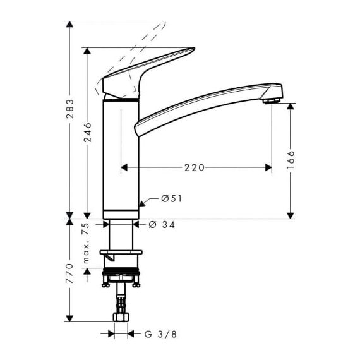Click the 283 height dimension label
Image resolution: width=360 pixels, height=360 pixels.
point(70,109)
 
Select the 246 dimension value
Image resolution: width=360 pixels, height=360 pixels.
point(88,132)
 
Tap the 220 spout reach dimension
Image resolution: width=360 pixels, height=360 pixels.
point(195,168)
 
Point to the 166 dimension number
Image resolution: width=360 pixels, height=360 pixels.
point(291,160)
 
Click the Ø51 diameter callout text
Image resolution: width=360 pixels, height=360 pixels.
point(172,198)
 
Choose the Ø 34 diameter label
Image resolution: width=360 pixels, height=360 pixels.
point(162,225)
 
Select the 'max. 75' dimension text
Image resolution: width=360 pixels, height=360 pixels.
point(86,243)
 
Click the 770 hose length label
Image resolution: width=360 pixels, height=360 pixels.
point(69,273)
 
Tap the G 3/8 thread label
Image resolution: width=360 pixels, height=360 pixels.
point(160,334)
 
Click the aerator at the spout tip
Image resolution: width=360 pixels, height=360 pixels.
point(271,101)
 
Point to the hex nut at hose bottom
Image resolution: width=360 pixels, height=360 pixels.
point(121,317)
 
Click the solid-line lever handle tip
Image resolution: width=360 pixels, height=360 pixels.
point(195,48)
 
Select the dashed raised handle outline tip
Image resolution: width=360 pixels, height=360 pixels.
point(164,22)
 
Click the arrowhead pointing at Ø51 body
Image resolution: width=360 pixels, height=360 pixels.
point(142,203)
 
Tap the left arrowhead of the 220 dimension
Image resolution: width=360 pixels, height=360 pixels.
point(124,167)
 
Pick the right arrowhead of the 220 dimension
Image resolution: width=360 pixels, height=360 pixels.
point(268,167)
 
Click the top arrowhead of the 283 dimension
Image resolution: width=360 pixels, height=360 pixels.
point(69,25)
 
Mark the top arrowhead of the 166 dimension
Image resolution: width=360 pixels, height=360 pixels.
point(291,107)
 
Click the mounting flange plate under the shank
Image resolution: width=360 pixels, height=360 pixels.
point(121,253)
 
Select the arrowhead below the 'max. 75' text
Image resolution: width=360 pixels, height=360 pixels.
point(87,272)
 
